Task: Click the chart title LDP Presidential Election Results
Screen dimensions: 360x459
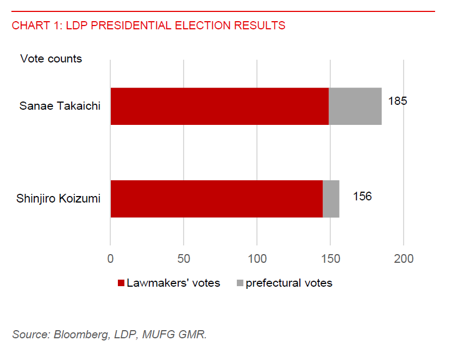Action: pos(148,26)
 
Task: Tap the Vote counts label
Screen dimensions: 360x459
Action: pos(51,59)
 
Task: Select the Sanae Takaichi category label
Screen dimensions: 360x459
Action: pos(60,106)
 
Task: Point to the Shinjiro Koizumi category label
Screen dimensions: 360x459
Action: pos(59,198)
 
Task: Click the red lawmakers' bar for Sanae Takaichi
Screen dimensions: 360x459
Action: pos(219,106)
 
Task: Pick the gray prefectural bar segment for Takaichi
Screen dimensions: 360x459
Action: pos(355,106)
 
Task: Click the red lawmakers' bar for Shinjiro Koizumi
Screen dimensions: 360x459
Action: pos(216,199)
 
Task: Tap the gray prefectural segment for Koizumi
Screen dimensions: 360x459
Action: pos(331,199)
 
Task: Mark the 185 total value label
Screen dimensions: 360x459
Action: pos(397,101)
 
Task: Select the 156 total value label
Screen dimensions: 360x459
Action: pos(362,196)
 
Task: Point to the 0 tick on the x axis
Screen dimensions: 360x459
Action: pos(110,258)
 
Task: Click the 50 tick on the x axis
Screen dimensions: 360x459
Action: pos(184,258)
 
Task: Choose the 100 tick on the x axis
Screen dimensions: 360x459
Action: pos(257,258)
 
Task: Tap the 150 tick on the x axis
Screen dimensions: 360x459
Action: pos(330,258)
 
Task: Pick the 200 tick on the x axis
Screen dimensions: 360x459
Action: pos(404,258)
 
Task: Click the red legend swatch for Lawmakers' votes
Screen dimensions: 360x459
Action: pos(121,283)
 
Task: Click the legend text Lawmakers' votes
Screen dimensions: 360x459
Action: pos(173,283)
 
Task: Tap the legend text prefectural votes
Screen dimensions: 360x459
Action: pos(288,283)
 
